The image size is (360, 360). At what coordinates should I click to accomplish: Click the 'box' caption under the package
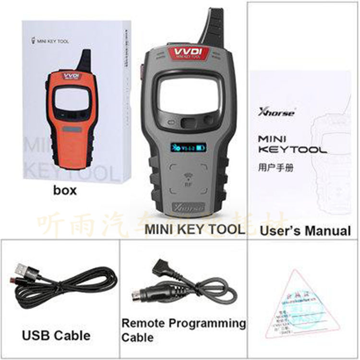pyautogui.click(x=65, y=191)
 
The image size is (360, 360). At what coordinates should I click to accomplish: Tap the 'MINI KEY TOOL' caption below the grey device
pyautogui.click(x=195, y=229)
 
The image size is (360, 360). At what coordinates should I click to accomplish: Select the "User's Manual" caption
pyautogui.click(x=305, y=230)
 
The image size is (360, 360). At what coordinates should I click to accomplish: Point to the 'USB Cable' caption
pyautogui.click(x=56, y=334)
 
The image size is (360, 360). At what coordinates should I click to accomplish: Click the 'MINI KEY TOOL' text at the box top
pyautogui.click(x=52, y=42)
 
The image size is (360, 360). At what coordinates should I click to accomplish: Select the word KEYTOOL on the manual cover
pyautogui.click(x=292, y=150)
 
